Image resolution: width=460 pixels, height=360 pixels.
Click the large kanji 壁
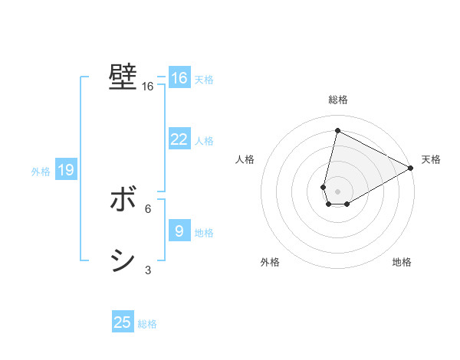[x=123, y=77]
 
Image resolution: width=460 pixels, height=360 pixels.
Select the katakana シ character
[x=123, y=261]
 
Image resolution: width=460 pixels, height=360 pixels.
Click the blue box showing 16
[x=179, y=78]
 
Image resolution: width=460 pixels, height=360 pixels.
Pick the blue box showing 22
[x=179, y=139]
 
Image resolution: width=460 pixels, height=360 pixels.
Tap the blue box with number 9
[x=179, y=231]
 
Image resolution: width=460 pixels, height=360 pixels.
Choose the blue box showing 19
[x=66, y=170]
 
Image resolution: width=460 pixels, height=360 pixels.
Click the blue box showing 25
[x=123, y=322]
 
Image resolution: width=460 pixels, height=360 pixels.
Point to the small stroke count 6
[x=148, y=208]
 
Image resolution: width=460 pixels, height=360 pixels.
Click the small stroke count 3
[x=148, y=270]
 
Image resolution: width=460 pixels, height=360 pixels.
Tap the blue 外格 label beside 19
[x=41, y=172]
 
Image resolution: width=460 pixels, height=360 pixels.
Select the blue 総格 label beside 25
[x=147, y=324]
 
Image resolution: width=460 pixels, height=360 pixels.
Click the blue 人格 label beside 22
[x=204, y=141]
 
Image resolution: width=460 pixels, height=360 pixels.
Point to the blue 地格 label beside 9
[x=204, y=232]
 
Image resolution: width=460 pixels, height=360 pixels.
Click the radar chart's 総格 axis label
[x=338, y=100]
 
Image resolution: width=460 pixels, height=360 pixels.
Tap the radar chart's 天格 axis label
[x=431, y=159]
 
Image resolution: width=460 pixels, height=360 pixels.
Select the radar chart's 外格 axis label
[x=270, y=262]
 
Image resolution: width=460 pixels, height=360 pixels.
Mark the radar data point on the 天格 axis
[x=411, y=168]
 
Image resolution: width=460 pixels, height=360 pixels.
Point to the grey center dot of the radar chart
[x=337, y=191]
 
